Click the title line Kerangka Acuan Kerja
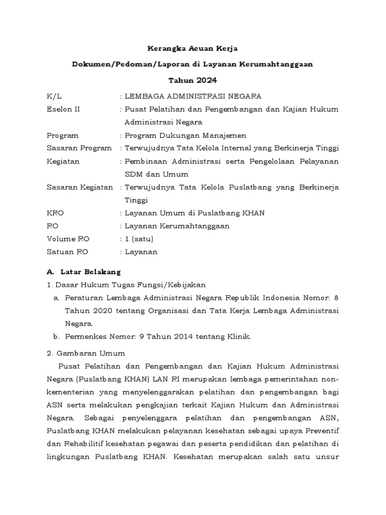(x=192, y=49)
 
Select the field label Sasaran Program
(x=79, y=148)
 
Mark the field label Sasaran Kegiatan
(x=79, y=187)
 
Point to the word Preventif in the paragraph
(x=321, y=432)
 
